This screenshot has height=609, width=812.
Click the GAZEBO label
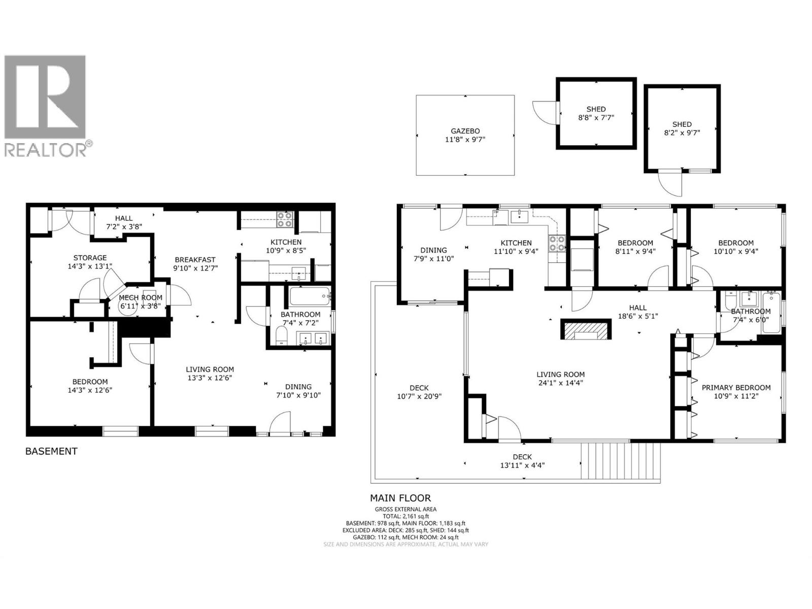pyautogui.click(x=465, y=130)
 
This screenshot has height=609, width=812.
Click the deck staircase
pyautogui.click(x=621, y=461)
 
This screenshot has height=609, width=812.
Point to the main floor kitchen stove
pyautogui.click(x=557, y=244)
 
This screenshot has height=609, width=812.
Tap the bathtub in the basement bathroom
pyautogui.click(x=310, y=296)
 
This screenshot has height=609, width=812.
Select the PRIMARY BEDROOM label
pyautogui.click(x=736, y=387)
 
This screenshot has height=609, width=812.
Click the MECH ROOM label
pyautogui.click(x=141, y=298)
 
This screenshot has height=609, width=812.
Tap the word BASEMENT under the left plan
pyautogui.click(x=51, y=451)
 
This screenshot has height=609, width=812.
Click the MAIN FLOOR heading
pyautogui.click(x=400, y=498)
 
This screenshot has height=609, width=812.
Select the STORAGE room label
pyautogui.click(x=90, y=258)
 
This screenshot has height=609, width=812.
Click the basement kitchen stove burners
pyautogui.click(x=285, y=219)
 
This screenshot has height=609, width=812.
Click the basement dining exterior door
pyautogui.click(x=280, y=425)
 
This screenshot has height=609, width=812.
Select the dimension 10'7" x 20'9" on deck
pyautogui.click(x=419, y=396)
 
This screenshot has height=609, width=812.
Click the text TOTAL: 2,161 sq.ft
pyautogui.click(x=405, y=516)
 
